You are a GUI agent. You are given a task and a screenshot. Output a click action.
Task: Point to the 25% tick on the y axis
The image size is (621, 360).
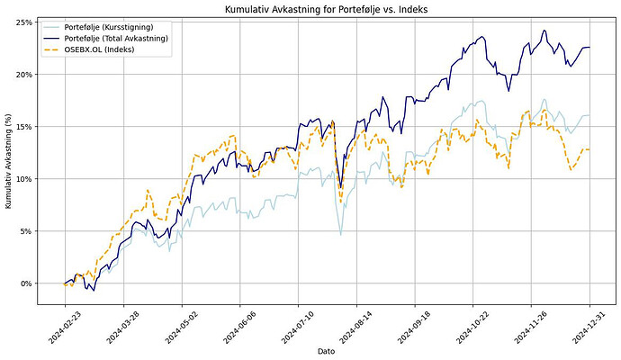(x=26, y=22)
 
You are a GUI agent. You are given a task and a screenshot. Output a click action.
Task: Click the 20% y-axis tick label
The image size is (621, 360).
(x=26, y=74)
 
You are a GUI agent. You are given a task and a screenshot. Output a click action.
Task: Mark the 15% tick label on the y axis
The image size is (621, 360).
(x=26, y=126)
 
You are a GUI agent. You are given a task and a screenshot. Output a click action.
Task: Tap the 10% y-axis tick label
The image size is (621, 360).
(x=26, y=178)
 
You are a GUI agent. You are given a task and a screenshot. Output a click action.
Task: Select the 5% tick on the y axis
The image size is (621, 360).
(x=28, y=230)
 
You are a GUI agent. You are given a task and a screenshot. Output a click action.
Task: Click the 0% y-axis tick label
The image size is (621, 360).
(x=28, y=283)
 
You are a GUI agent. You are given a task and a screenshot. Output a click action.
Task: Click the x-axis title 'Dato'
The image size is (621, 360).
(x=327, y=350)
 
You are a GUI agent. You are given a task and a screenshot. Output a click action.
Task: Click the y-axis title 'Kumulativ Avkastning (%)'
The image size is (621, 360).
(x=9, y=153)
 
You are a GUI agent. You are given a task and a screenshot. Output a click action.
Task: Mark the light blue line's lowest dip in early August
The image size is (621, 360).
(x=340, y=235)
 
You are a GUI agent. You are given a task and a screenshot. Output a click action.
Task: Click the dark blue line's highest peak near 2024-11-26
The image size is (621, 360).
(x=544, y=31)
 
